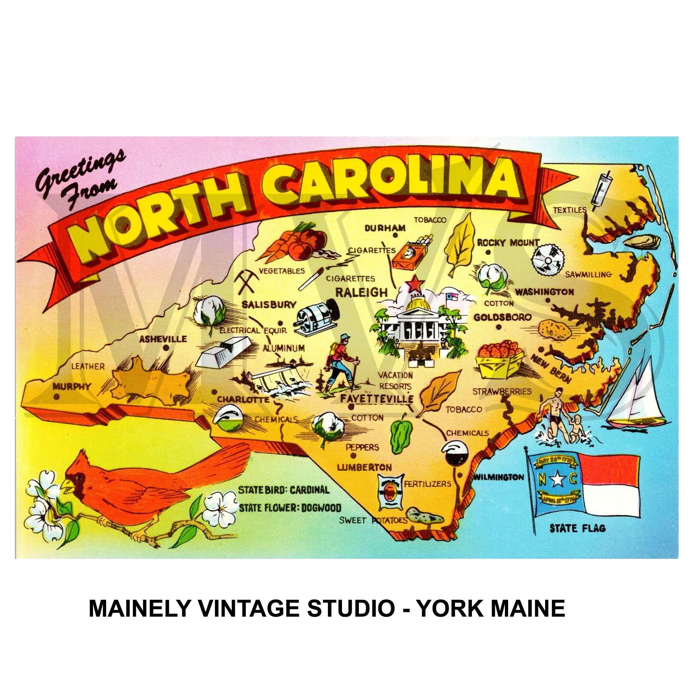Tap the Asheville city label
(x=163, y=339)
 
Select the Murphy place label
(x=72, y=387)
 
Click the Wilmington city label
(x=499, y=477)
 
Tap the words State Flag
(x=577, y=528)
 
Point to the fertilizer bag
(x=389, y=491)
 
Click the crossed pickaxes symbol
(x=245, y=281)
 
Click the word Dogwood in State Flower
(x=321, y=508)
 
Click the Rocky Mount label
(x=508, y=243)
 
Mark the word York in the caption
(x=448, y=608)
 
